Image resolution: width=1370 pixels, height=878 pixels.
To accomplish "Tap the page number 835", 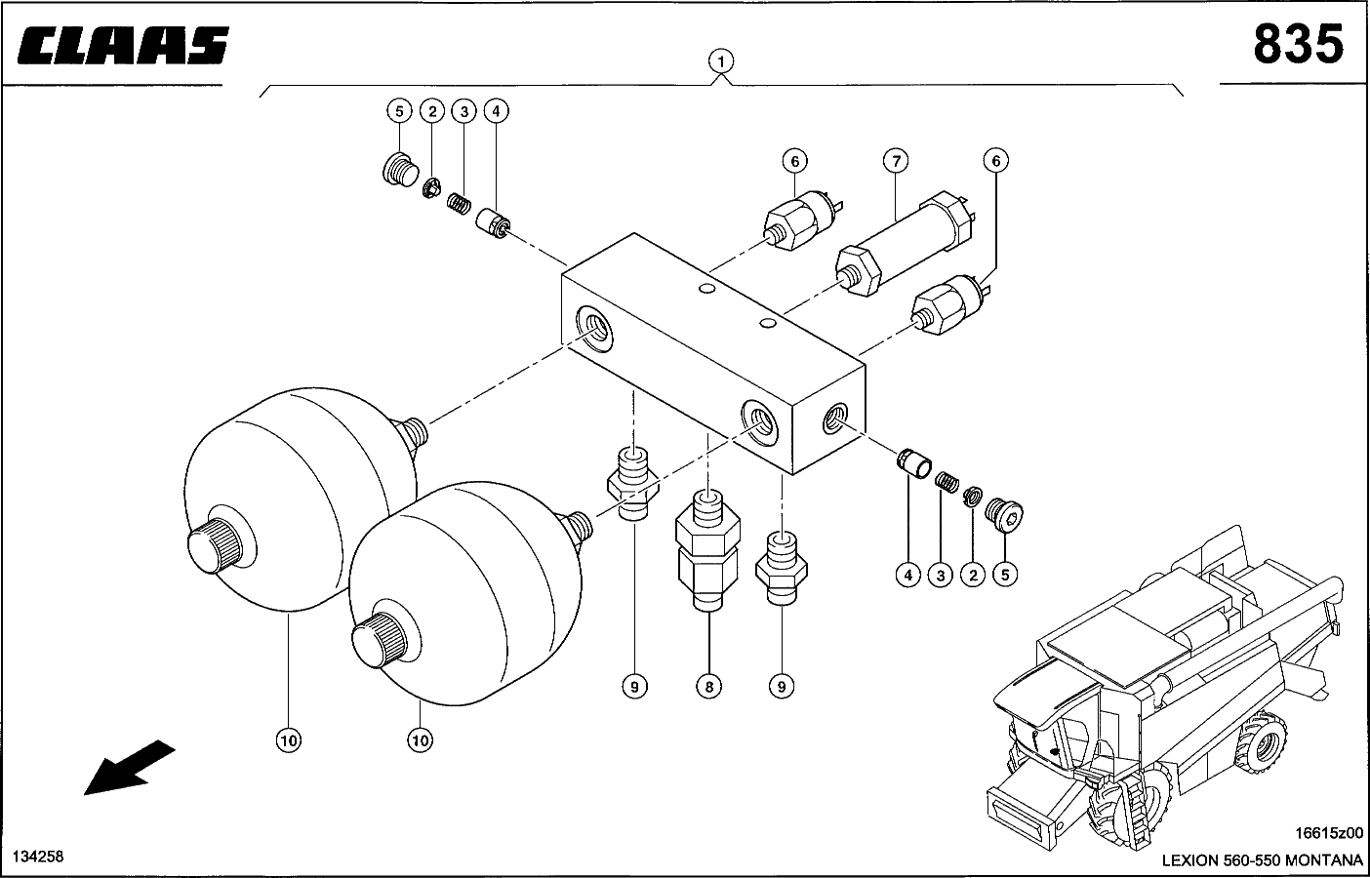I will click(x=1297, y=45).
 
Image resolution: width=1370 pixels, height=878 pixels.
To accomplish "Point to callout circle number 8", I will click(x=709, y=687).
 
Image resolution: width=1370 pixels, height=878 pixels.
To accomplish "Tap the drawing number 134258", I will click(x=38, y=856).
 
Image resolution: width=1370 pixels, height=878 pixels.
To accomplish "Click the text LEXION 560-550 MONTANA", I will click(x=1262, y=859).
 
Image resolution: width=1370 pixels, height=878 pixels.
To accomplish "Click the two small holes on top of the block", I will click(x=738, y=306).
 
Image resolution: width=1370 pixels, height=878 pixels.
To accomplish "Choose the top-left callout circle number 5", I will click(x=399, y=111).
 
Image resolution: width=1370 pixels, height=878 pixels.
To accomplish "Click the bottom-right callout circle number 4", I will click(x=907, y=576).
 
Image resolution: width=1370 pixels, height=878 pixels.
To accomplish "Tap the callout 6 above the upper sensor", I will click(x=794, y=160).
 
